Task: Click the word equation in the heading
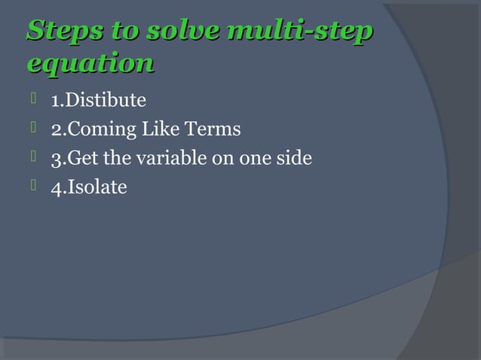pyautogui.click(x=90, y=63)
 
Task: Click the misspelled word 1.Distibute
pyautogui.click(x=98, y=100)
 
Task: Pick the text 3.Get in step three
pyautogui.click(x=74, y=158)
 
